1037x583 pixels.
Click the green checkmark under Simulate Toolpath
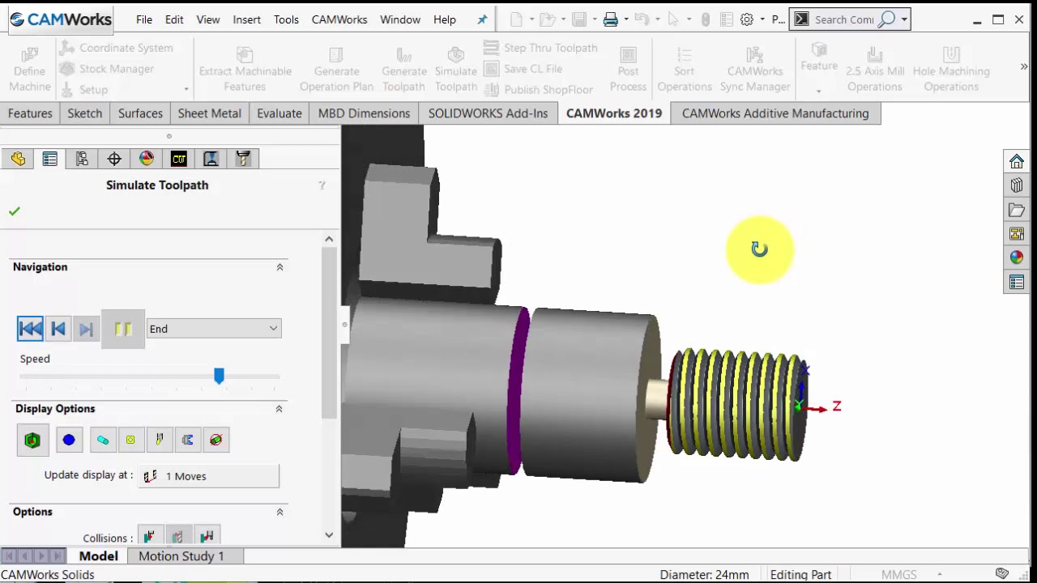(x=15, y=211)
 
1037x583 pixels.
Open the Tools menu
(x=286, y=19)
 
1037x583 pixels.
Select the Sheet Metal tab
(x=209, y=113)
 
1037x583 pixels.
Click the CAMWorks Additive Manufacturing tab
(x=775, y=113)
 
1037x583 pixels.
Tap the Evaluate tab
(x=279, y=113)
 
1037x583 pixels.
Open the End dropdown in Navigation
(x=214, y=329)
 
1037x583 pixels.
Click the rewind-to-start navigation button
(x=30, y=329)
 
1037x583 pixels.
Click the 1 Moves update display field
(x=209, y=476)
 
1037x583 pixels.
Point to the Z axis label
(x=837, y=406)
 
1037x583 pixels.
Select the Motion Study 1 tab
(x=181, y=556)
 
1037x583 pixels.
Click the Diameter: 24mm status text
(x=703, y=575)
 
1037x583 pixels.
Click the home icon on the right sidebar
(x=1017, y=161)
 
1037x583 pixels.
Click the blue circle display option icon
(x=69, y=440)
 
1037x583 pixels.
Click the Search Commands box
(x=844, y=19)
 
